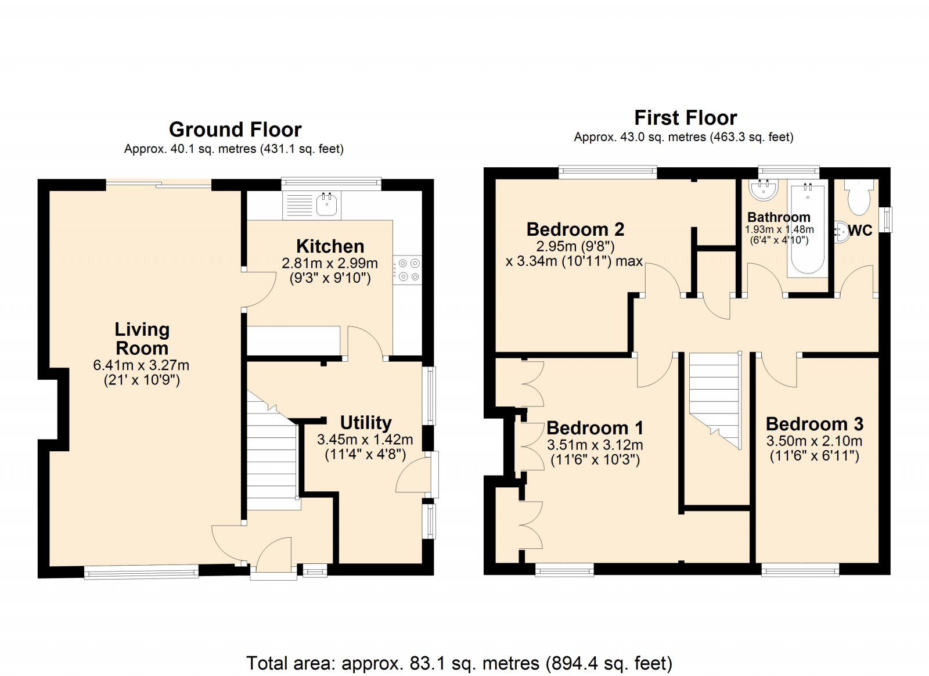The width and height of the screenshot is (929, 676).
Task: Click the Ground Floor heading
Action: click(x=235, y=130)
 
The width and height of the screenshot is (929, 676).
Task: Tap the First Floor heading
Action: click(x=686, y=118)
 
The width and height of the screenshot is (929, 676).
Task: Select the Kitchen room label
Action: click(x=330, y=246)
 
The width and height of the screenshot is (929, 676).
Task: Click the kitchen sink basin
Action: click(x=326, y=204)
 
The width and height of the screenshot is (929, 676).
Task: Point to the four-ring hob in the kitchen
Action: click(x=407, y=269)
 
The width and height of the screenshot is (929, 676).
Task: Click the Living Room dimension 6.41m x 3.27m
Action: click(x=142, y=365)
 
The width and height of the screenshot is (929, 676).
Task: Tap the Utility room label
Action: click(x=366, y=423)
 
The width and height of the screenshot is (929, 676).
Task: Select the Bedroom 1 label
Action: click(x=595, y=427)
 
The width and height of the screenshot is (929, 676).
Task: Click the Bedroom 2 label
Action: click(x=575, y=229)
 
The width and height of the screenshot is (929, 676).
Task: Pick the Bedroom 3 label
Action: click(x=815, y=424)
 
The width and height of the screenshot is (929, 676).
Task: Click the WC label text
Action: click(x=860, y=231)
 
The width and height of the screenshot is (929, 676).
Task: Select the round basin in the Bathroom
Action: click(x=763, y=190)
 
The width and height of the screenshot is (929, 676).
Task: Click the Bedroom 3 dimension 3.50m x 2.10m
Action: click(x=814, y=441)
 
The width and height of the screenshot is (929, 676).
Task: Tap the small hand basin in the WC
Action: click(x=841, y=231)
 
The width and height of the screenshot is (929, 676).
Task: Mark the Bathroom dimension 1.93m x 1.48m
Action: click(x=779, y=229)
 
